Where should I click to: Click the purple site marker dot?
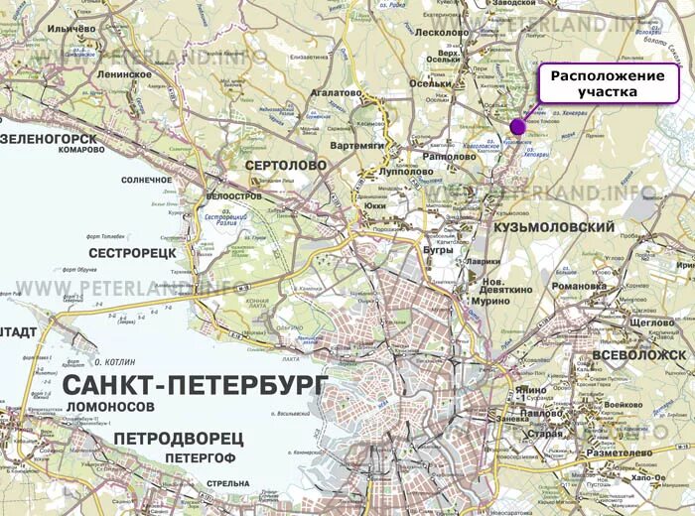coord(517,126)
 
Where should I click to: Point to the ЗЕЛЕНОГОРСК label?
coord(50,138)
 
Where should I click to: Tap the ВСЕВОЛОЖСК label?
coord(638,354)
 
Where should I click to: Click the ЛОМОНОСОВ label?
coord(112,408)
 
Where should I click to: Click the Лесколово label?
coord(440,33)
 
